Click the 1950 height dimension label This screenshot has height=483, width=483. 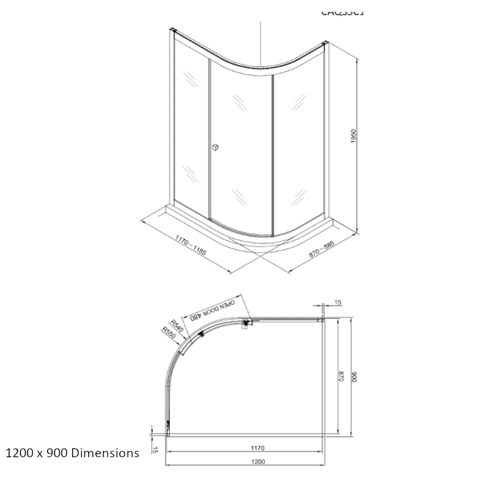(354, 137)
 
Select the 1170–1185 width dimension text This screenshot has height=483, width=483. (190, 247)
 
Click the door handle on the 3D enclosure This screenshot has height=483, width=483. (216, 147)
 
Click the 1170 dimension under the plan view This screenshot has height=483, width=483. (257, 448)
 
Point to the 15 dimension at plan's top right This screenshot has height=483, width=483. (338, 302)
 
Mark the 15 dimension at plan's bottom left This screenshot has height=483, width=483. (155, 449)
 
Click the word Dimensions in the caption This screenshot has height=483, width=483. (106, 453)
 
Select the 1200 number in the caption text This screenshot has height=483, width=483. (17, 453)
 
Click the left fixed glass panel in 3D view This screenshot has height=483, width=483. (191, 129)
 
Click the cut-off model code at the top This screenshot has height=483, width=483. (342, 11)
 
